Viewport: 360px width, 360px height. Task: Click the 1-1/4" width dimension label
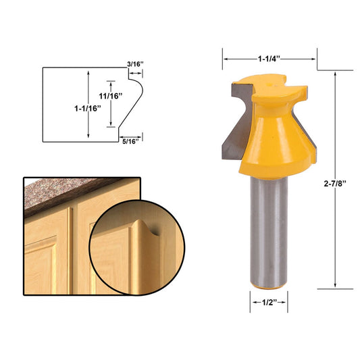(x=269, y=59)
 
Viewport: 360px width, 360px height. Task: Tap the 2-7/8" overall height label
(x=335, y=184)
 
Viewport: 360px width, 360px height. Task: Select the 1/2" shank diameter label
(x=269, y=303)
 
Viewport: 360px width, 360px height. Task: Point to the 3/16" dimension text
(x=135, y=64)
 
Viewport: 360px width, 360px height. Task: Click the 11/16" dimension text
(x=110, y=96)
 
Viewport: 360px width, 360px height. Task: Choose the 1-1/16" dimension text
(x=88, y=108)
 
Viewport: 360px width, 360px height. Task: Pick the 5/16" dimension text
(x=130, y=141)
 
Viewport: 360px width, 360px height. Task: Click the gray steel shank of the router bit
(x=269, y=232)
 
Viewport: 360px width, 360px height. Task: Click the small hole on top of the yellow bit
(x=269, y=84)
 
